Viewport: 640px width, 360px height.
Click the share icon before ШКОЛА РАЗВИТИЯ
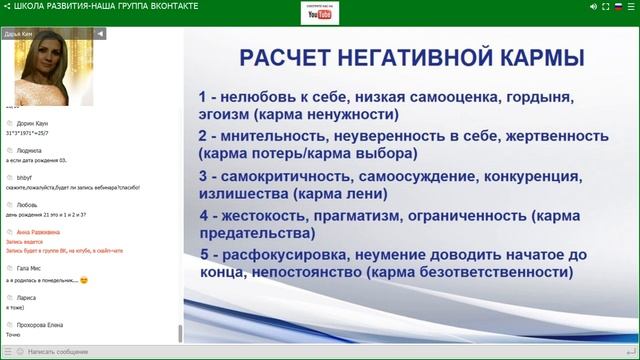pyautogui.click(x=8, y=6)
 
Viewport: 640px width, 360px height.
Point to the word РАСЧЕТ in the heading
pyautogui.click(x=289, y=59)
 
